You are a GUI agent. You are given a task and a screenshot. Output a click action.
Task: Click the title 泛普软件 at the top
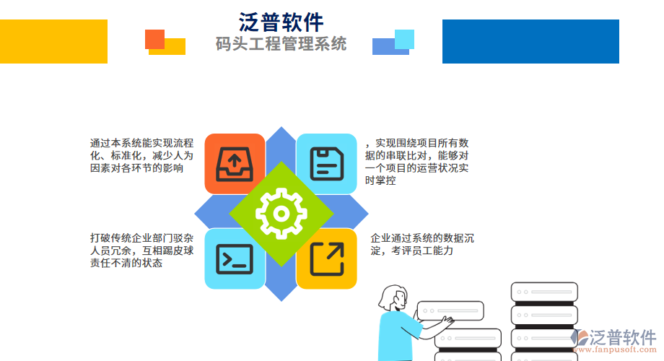coord(281,21)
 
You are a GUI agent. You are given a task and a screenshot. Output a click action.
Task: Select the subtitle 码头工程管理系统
coord(281,44)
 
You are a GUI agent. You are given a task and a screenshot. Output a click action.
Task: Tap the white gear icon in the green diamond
coord(281,213)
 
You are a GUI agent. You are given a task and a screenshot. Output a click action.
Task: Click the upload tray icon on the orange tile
coord(235,163)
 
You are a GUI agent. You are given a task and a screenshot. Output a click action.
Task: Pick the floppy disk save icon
coord(327,163)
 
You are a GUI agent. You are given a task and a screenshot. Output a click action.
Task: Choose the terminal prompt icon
coord(235,259)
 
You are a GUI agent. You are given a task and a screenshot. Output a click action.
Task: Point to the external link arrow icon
coord(327,259)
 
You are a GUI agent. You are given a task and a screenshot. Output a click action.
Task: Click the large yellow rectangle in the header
coord(53,41)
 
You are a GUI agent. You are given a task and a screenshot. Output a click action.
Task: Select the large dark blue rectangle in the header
coord(530,41)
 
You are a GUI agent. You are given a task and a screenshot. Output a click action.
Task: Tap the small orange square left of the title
coord(154,39)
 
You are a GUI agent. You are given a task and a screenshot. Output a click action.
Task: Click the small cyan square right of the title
coord(405,39)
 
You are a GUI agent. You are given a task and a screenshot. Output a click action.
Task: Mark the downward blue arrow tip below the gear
coord(281,294)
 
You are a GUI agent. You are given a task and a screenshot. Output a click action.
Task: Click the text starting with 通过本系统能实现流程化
coord(141,155)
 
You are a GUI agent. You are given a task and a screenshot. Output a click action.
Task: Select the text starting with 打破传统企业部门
coord(141,250)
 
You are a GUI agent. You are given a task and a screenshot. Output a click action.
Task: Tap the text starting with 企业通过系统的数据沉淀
coord(422,244)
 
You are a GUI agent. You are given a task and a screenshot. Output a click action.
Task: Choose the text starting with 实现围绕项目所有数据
coord(418,162)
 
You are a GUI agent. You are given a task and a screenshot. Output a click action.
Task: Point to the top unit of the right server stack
coord(543,292)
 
